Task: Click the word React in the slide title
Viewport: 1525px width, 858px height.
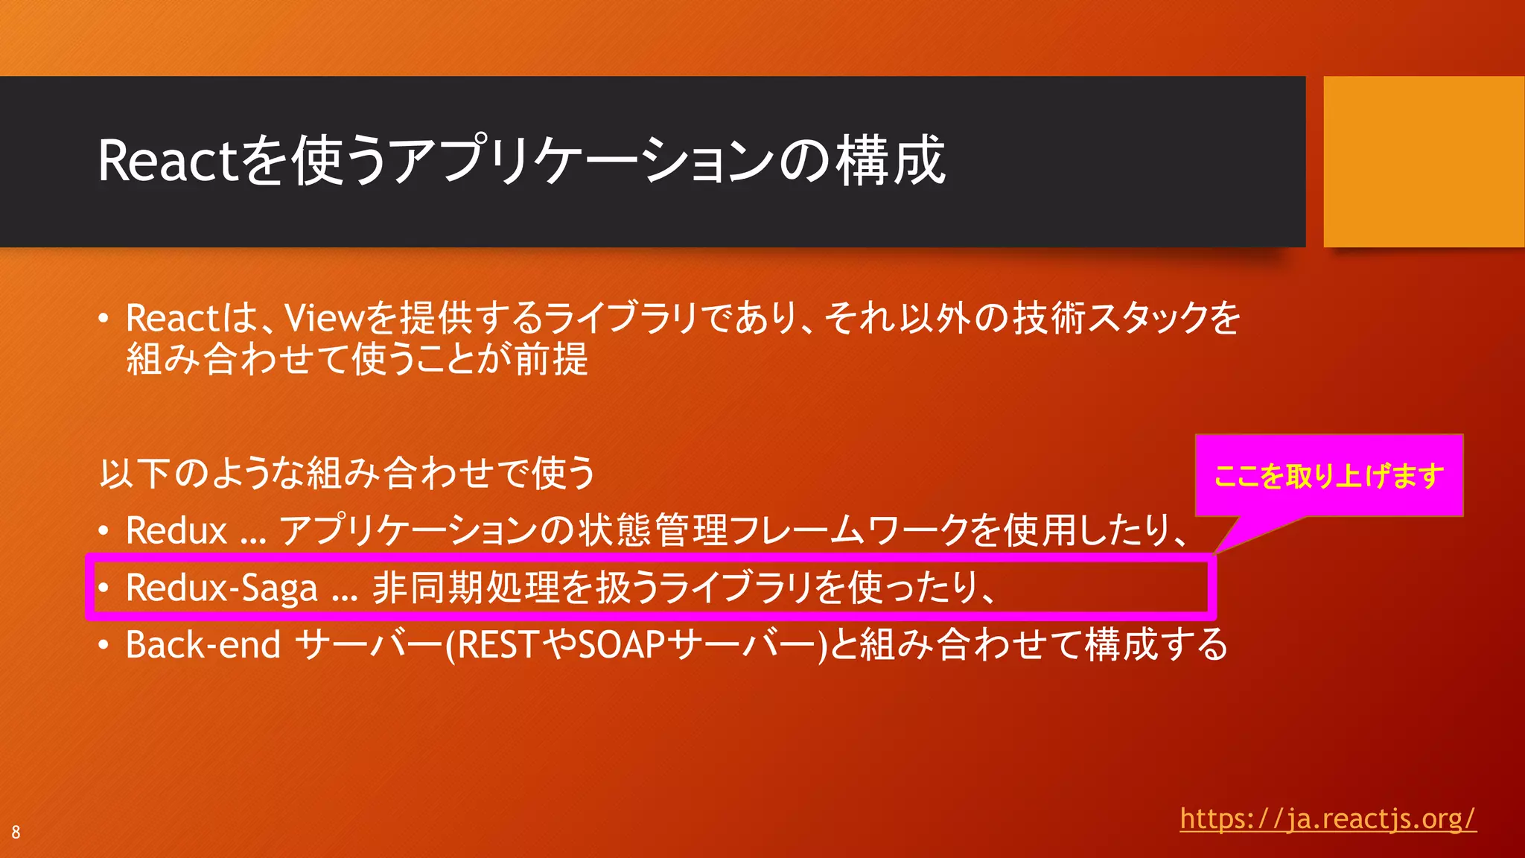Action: [168, 162]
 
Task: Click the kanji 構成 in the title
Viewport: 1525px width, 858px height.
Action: [891, 160]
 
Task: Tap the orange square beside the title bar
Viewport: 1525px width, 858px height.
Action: [1423, 162]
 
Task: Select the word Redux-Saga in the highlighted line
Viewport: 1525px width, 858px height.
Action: [222, 588]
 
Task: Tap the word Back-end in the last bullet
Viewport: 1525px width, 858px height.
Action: [203, 645]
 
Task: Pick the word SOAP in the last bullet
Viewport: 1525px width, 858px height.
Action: [621, 645]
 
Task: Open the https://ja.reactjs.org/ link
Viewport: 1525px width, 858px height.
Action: [1328, 819]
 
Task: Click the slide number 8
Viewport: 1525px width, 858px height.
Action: [16, 833]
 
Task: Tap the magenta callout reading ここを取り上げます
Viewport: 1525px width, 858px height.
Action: [1328, 476]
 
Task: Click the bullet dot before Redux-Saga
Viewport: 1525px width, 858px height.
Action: [104, 588]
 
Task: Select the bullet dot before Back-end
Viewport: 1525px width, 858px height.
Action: [104, 646]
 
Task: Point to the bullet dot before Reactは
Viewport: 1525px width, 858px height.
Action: [104, 319]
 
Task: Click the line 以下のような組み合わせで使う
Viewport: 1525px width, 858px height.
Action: [348, 474]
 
